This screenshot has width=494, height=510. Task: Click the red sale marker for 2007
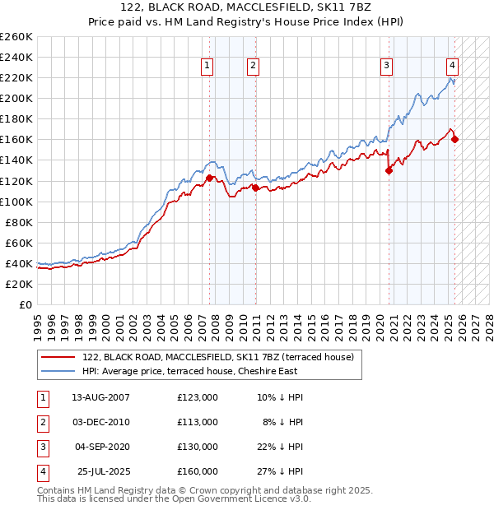209,178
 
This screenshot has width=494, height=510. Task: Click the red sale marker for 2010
254,188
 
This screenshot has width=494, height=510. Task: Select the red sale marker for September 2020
389,171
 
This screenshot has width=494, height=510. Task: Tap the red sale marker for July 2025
455,139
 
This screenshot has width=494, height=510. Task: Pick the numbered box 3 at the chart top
386,67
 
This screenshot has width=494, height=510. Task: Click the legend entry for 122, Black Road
218,357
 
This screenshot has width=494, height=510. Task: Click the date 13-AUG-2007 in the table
101,397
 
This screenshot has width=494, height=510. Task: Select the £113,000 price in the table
198,422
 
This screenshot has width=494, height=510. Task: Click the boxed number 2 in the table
42,422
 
